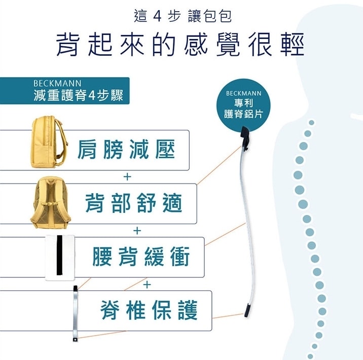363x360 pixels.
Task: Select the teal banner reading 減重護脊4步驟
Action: coord(65,91)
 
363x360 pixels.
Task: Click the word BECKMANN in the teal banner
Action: coord(57,83)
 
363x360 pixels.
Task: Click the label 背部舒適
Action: coord(134,203)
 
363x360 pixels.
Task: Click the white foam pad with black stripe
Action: coord(61,258)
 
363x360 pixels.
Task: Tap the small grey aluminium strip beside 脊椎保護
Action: coord(76,312)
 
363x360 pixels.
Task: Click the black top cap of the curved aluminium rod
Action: coord(245,137)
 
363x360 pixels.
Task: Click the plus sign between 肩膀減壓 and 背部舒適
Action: coord(127,177)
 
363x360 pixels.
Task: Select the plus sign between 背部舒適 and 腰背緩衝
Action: coord(137,231)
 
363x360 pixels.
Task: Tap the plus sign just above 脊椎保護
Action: coord(147,284)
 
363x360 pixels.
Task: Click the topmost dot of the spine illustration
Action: coord(311,123)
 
